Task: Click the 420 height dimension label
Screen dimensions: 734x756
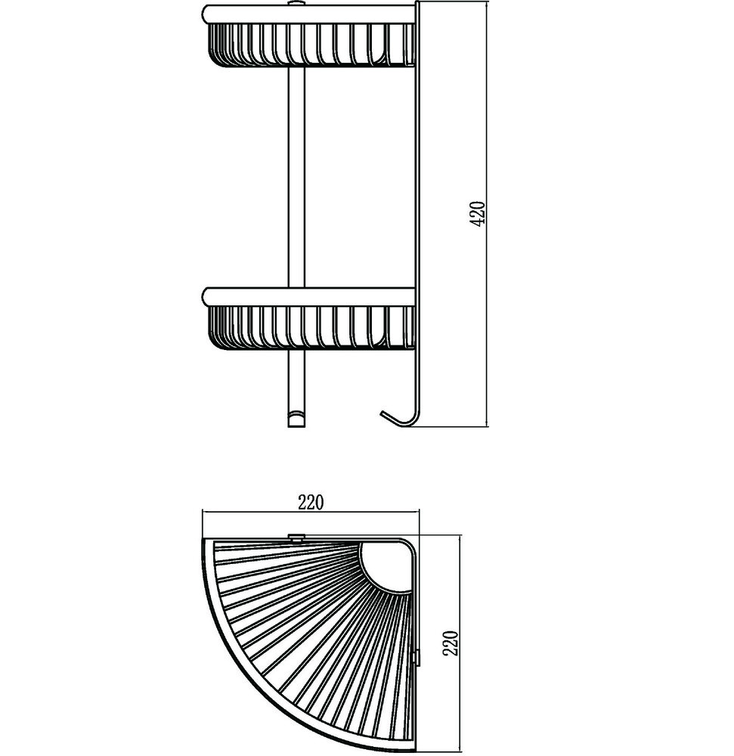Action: (478, 214)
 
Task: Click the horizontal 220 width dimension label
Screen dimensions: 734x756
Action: (311, 503)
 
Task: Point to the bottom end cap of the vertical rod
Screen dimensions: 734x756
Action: (296, 419)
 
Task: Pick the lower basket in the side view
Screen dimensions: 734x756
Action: (311, 327)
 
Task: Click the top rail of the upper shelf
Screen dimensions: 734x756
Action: (308, 14)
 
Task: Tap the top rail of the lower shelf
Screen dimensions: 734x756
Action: (308, 297)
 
